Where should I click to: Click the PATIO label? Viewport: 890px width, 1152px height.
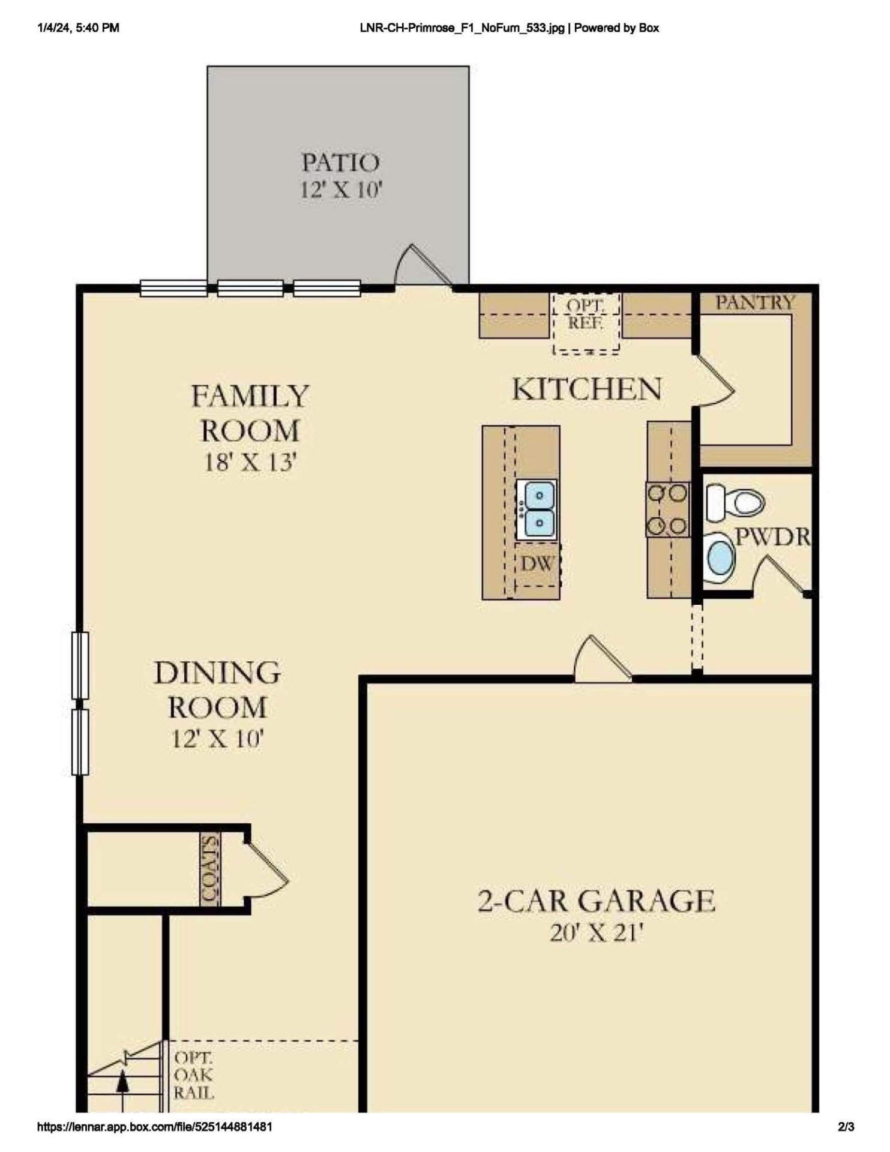[x=340, y=163]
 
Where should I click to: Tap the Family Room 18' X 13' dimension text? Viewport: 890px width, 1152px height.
[x=250, y=463]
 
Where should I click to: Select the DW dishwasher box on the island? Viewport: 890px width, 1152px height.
[x=537, y=564]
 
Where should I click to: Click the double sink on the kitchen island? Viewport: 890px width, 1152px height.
[x=539, y=509]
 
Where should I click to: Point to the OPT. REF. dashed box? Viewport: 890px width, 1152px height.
[x=586, y=323]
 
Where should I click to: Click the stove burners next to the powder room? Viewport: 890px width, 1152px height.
[x=667, y=509]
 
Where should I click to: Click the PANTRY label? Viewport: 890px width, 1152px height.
[x=754, y=302]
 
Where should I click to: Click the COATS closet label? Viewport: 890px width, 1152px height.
[x=210, y=868]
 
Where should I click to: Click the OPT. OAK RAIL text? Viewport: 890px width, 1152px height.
[x=193, y=1075]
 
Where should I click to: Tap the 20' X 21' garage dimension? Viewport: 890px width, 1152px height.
[x=596, y=934]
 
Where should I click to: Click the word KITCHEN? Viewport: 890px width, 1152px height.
[x=587, y=389]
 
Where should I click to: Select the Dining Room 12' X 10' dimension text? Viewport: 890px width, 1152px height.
[x=217, y=739]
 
